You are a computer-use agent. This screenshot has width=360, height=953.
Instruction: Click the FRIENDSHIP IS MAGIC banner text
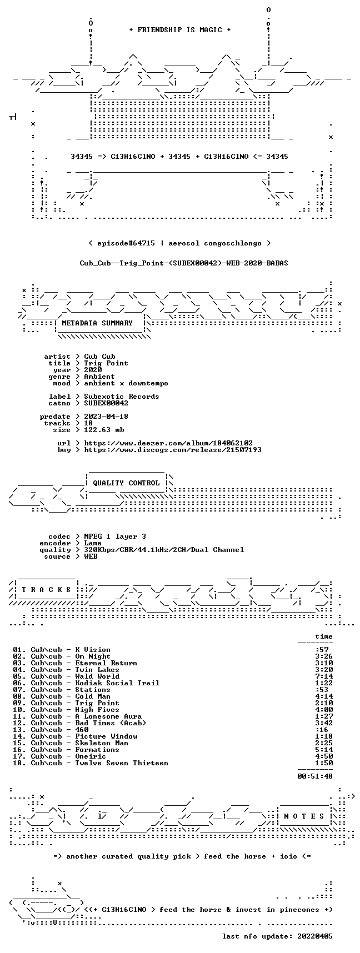(x=179, y=30)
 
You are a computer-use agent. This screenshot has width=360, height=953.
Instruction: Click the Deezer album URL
(x=168, y=443)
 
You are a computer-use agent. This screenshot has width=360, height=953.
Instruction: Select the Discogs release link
(x=173, y=450)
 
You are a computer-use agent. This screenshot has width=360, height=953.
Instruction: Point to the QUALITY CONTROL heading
(x=126, y=483)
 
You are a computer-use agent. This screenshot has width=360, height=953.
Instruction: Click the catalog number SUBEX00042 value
(x=106, y=403)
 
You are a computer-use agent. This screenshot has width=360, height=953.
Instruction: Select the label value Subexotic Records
(x=122, y=397)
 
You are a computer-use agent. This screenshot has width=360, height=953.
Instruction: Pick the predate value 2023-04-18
(x=106, y=417)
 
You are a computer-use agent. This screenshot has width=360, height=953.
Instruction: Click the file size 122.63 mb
(x=104, y=430)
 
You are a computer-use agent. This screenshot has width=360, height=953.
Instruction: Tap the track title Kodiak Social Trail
(x=117, y=683)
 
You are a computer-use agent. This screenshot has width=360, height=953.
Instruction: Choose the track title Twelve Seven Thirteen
(x=122, y=763)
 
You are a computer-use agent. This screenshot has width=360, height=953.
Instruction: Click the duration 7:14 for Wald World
(x=324, y=676)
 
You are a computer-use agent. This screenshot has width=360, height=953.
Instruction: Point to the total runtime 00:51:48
(x=315, y=776)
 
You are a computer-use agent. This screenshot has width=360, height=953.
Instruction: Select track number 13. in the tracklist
(x=19, y=730)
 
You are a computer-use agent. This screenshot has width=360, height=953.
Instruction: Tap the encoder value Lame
(x=93, y=543)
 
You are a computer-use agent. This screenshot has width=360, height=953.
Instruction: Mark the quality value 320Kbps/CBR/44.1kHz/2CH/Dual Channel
(x=164, y=550)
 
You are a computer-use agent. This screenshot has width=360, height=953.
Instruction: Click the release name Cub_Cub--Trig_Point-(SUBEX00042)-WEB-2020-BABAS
(x=184, y=263)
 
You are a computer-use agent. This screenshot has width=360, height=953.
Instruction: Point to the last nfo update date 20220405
(x=315, y=936)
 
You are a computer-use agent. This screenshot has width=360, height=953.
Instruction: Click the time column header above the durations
(x=324, y=636)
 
